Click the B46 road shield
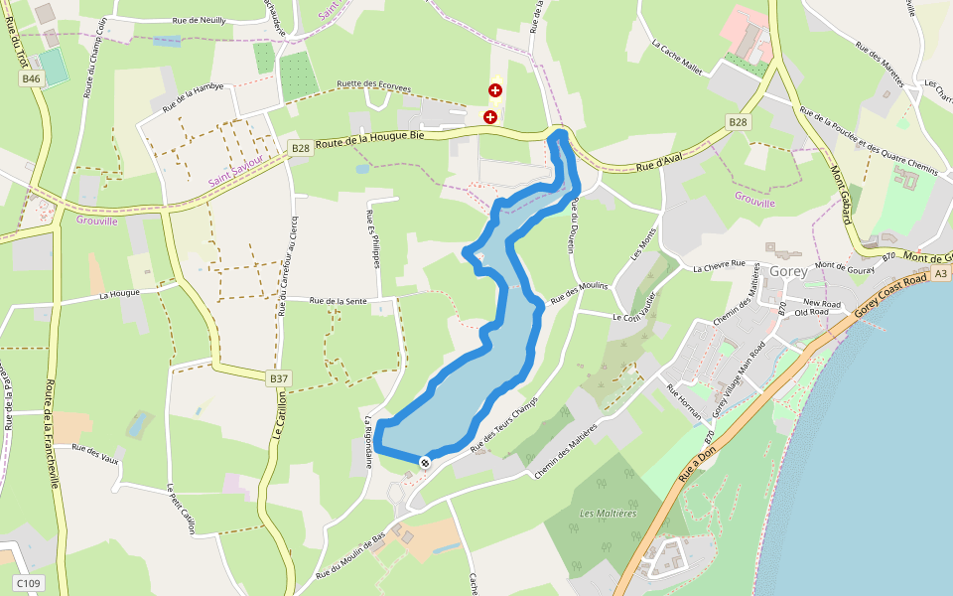tap(32, 78)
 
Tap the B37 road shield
tap(279, 378)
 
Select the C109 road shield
tap(28, 583)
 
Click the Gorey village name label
tap(788, 271)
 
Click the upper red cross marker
tap(495, 90)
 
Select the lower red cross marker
tap(489, 117)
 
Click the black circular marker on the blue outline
tap(425, 462)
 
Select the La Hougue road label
tap(119, 294)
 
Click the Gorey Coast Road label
tap(890, 295)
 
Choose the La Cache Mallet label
tap(677, 59)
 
